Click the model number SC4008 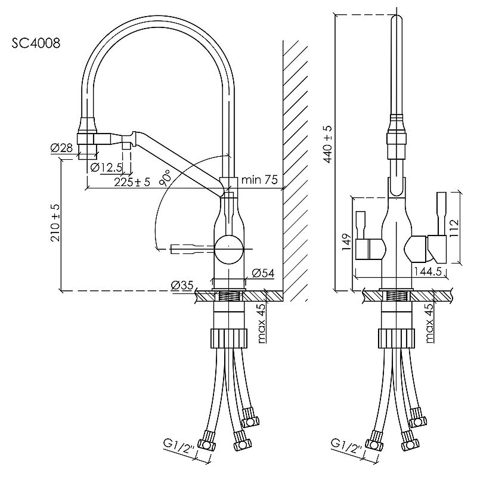tap(35, 43)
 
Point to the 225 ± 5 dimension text tap(133, 182)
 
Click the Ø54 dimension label tap(262, 273)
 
